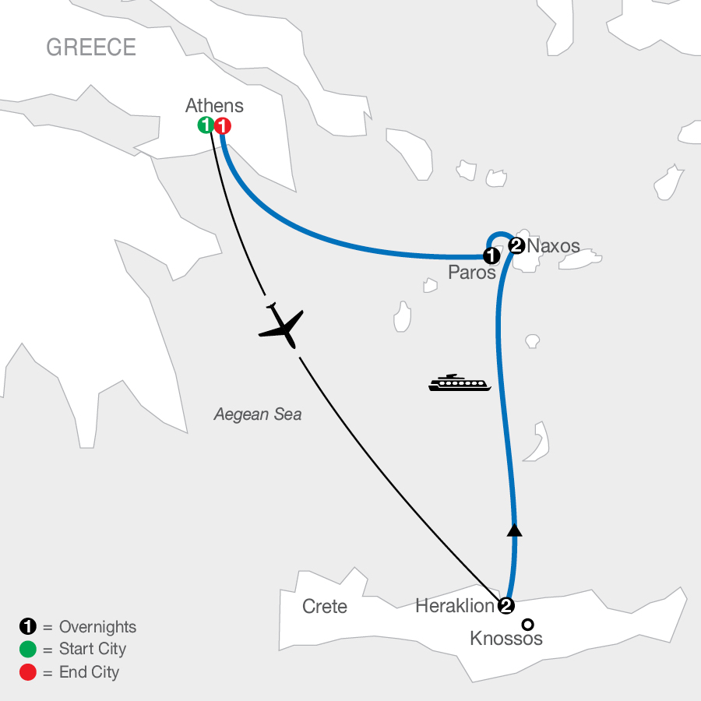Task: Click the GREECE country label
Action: tap(91, 48)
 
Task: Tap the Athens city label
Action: tap(214, 106)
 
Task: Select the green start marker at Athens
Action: tap(206, 125)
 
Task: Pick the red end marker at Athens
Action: tap(223, 125)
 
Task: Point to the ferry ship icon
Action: tap(460, 382)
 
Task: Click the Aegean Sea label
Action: tap(258, 415)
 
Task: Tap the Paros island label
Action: tap(472, 273)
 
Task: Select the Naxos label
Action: tap(554, 246)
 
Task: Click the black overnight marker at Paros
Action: tap(491, 255)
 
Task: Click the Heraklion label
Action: tap(455, 606)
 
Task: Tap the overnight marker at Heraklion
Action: tap(506, 606)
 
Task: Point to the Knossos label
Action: tap(506, 639)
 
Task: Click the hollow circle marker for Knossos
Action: tap(528, 624)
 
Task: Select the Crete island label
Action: tap(324, 606)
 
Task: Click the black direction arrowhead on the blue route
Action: tap(513, 530)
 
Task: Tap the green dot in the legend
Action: tap(26, 649)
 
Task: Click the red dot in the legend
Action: tap(26, 671)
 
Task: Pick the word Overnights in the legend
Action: tap(97, 627)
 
